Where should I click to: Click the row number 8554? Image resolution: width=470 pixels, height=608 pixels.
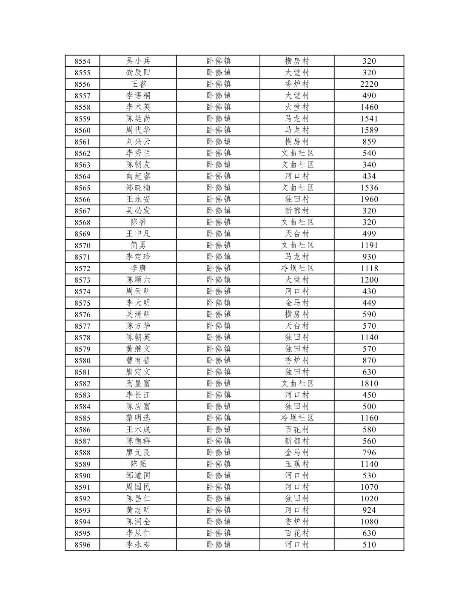tap(82, 61)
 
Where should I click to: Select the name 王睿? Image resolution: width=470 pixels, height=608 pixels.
tap(138, 84)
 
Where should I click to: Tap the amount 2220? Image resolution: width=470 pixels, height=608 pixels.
tap(369, 84)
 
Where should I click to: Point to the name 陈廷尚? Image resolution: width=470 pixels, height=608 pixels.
tap(138, 119)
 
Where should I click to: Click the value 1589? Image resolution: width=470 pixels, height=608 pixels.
tap(369, 130)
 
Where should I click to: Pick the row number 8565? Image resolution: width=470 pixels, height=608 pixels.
tap(82, 188)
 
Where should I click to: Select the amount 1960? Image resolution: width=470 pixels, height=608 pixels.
tap(369, 199)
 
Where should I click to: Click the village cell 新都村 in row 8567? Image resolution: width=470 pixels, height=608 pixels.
tap(297, 211)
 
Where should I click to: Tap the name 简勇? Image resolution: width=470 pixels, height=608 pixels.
tap(138, 245)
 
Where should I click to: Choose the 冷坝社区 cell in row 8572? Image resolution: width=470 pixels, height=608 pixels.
tap(297, 268)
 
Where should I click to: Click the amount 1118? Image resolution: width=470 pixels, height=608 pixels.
tap(369, 268)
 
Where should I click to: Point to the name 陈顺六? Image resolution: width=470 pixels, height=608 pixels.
tap(138, 280)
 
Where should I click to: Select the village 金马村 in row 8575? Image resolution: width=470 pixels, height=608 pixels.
tap(297, 303)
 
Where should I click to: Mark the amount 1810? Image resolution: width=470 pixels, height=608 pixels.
tap(369, 384)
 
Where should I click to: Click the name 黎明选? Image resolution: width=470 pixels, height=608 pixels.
tap(138, 418)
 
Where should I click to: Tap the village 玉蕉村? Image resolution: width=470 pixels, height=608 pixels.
tap(297, 464)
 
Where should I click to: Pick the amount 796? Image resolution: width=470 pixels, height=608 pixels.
tap(369, 452)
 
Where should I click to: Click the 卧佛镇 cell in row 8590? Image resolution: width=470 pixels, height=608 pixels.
tap(218, 475)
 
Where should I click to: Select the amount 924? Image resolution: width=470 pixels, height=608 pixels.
tap(369, 510)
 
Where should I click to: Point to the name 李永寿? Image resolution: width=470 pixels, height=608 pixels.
tap(138, 545)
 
